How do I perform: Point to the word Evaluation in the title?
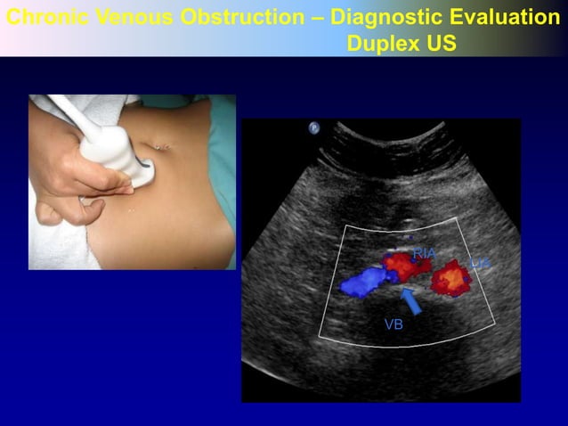504,17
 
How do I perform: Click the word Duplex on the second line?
386,43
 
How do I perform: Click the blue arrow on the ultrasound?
410,299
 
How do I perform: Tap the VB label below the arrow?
394,325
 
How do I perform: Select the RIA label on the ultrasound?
425,254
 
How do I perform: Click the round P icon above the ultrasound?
314,128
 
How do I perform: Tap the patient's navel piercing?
162,143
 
